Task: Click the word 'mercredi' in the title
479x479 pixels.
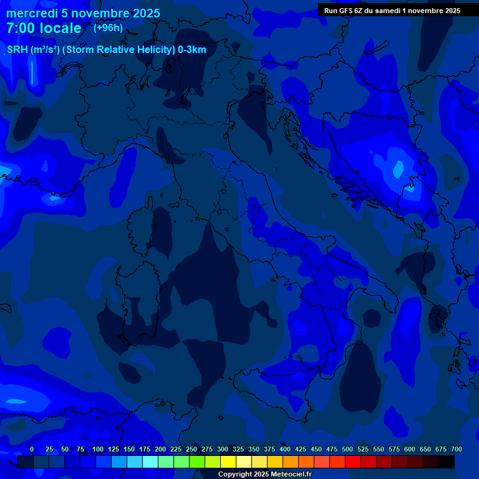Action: coord(32,13)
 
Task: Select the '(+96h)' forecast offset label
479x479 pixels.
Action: coord(108,28)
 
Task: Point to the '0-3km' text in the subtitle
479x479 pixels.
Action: coord(191,50)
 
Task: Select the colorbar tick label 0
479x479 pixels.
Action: coord(32,449)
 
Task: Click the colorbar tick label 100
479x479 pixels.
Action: coord(98,449)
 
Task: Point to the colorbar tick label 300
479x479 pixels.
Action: coord(223,449)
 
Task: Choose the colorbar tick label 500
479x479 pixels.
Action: coord(347,449)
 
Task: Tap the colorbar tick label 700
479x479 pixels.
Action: coord(456,449)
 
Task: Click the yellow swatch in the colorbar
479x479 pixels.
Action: coord(228,462)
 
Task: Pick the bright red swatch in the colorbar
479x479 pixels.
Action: coord(353,462)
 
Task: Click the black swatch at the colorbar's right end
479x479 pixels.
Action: coord(447,462)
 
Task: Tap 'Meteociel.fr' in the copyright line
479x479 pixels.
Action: coord(286,475)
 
